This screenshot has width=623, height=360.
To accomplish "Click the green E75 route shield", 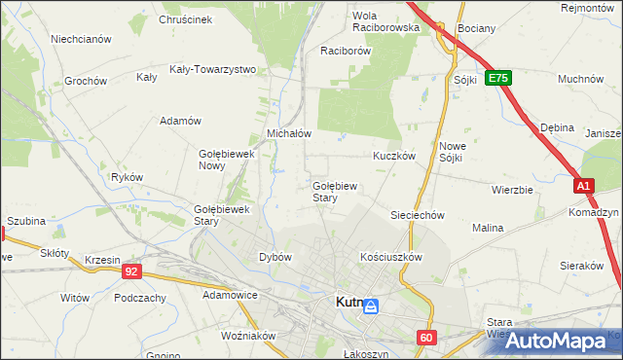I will pos(498,78).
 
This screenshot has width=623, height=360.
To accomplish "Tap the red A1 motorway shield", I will pos(582,185).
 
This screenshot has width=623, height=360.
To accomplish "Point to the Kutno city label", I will pos(348,303).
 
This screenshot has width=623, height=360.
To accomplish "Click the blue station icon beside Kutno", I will pos(372,306).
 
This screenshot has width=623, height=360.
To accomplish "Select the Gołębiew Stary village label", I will pos(338,191).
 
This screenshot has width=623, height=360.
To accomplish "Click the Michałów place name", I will pos(288,133).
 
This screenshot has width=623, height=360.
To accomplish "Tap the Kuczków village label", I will pos(394,156).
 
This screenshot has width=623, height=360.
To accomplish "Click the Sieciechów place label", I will pos(417,215).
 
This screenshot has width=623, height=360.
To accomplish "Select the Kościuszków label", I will pos(389,257).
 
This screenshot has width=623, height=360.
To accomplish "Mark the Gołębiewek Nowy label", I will pos(226,159).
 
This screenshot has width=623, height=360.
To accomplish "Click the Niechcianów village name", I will pos(81,40).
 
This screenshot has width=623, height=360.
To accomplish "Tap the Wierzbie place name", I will pos(512,190).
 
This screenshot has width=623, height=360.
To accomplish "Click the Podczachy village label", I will pos(139,298).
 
